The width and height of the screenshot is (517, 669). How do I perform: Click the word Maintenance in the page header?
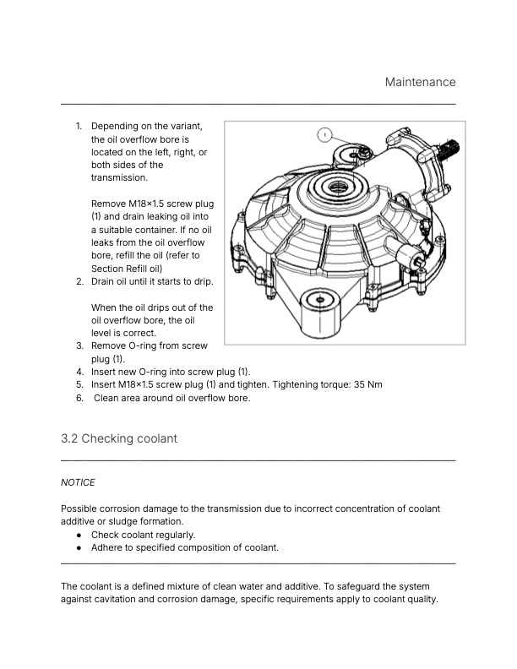420,82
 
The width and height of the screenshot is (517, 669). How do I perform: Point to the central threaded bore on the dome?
340,186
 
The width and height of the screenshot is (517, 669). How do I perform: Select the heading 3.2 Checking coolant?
118,438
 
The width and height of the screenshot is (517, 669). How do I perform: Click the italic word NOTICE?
79,482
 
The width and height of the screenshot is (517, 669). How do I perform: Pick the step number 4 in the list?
79,372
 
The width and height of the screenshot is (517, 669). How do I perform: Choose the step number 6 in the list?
79,398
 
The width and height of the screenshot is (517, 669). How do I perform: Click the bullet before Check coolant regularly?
79,535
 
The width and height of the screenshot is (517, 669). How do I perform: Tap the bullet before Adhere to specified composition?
79,547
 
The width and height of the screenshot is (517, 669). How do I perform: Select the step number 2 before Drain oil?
79,281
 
